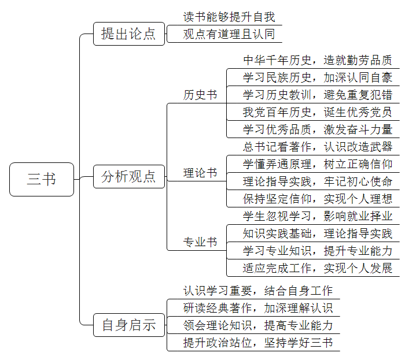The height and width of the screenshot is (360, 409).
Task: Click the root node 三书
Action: click(x=42, y=179)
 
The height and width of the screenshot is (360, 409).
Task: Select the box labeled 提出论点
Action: click(x=129, y=34)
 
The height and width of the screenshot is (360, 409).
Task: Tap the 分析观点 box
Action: click(x=129, y=176)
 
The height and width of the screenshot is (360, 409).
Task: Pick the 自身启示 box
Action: click(x=129, y=325)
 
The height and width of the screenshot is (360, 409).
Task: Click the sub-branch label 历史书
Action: click(x=200, y=95)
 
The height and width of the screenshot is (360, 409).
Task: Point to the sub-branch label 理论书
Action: click(x=200, y=173)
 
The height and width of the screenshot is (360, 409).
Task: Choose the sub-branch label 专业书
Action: click(x=200, y=242)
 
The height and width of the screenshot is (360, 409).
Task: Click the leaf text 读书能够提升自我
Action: click(x=229, y=17)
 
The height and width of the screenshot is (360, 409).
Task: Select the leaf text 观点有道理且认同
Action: click(x=229, y=34)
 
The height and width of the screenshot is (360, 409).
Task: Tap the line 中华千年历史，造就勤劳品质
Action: click(x=318, y=60)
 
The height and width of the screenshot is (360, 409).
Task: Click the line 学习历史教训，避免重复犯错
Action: click(x=318, y=95)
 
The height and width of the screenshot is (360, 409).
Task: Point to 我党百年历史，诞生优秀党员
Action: click(x=318, y=112)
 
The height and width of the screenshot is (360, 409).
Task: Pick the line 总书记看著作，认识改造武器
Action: click(x=318, y=147)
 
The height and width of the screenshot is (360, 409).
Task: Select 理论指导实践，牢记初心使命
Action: click(x=318, y=181)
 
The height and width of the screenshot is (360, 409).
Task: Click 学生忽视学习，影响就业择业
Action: click(x=318, y=216)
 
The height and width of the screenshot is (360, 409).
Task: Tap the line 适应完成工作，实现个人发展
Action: click(x=318, y=268)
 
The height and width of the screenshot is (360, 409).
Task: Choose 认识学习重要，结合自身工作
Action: click(x=258, y=291)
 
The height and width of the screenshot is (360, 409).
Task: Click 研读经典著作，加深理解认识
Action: click(x=258, y=308)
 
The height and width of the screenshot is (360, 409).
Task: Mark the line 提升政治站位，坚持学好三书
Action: click(x=258, y=343)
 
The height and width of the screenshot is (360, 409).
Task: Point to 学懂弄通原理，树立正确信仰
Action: click(x=318, y=164)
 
